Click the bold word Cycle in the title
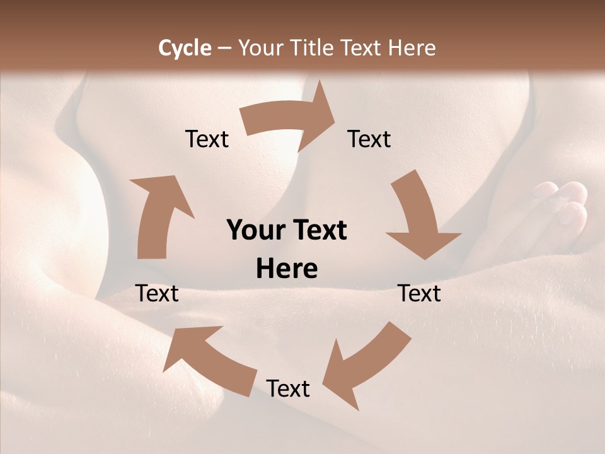185,48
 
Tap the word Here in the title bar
412,48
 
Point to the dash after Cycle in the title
224,49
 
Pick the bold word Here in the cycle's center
287,269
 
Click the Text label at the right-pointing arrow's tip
369,139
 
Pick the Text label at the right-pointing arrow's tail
207,139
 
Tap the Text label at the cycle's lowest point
288,388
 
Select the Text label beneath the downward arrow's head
420,293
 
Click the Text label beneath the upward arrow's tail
158,293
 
